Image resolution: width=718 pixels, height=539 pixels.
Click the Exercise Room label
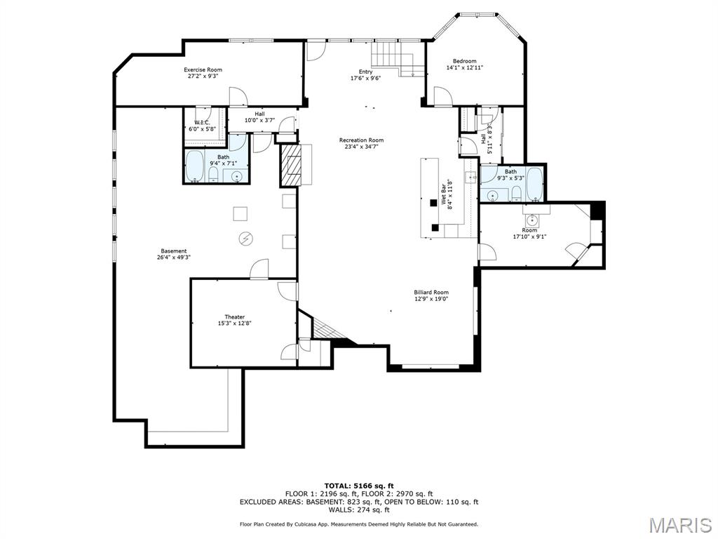203,69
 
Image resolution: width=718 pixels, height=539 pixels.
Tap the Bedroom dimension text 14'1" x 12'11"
464,68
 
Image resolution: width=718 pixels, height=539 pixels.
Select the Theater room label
235,317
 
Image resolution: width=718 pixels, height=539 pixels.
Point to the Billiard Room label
431,292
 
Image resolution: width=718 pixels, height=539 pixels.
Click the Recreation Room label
361,140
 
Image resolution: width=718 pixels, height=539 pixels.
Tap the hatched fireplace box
289,166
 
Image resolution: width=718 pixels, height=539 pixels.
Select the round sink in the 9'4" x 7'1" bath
237,175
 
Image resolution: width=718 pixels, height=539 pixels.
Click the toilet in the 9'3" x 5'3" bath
516,193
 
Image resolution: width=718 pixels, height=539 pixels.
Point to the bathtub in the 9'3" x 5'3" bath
534,183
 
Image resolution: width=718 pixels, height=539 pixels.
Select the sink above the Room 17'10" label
532,219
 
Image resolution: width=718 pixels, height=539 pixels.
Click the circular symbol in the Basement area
246,239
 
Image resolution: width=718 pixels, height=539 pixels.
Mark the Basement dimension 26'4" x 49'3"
174,258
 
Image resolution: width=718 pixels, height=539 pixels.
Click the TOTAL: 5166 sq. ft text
358,486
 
